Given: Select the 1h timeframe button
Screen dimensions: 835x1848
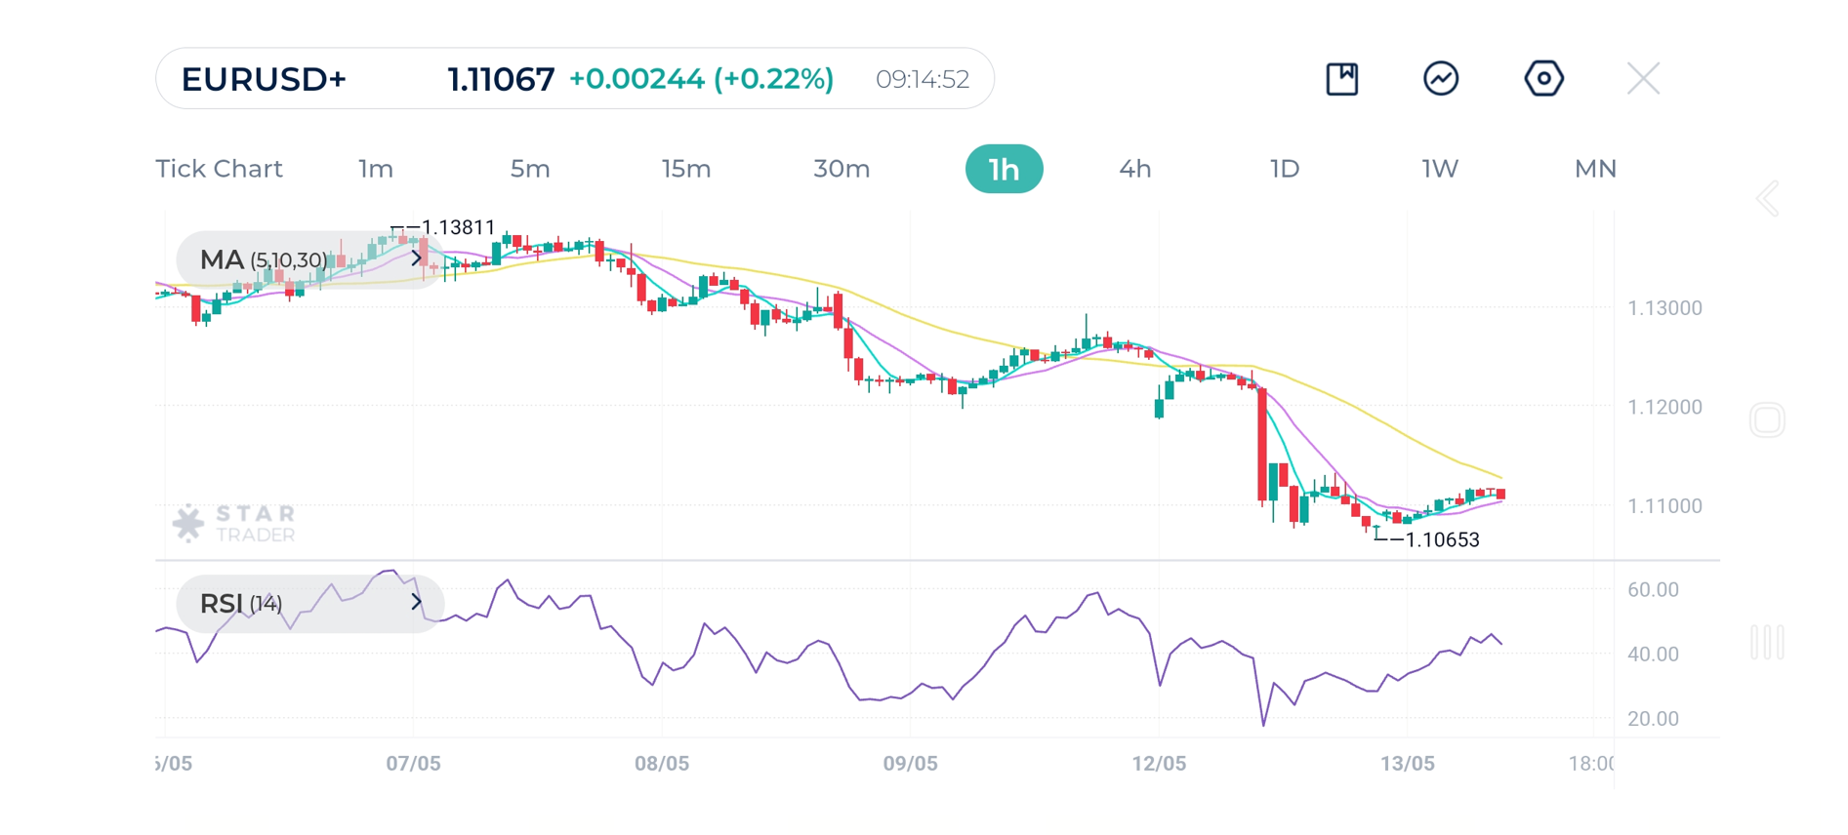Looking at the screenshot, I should pyautogui.click(x=1004, y=169).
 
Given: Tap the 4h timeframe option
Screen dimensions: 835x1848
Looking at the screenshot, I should pyautogui.click(x=1134, y=169).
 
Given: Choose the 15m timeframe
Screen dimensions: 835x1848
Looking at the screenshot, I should pyautogui.click(x=685, y=169).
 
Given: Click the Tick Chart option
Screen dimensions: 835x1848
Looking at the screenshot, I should pyautogui.click(x=219, y=169).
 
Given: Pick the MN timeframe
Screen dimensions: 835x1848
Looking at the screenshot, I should pyautogui.click(x=1595, y=169).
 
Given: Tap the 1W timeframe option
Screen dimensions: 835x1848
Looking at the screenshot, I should pyautogui.click(x=1439, y=169).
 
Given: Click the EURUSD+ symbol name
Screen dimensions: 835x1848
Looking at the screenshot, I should pyautogui.click(x=264, y=79).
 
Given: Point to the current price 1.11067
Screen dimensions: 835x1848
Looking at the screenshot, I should pyautogui.click(x=500, y=79).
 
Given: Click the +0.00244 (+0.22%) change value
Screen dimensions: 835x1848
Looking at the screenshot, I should pyautogui.click(x=700, y=79).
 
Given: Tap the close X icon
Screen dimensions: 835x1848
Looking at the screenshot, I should pyautogui.click(x=1643, y=79).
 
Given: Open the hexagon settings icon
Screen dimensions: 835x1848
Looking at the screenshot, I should pyautogui.click(x=1543, y=79).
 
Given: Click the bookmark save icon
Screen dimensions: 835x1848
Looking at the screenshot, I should pyautogui.click(x=1342, y=79).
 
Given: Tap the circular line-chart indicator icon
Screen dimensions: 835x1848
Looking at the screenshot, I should pyautogui.click(x=1441, y=79).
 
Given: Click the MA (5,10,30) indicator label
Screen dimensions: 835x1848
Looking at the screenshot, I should pyautogui.click(x=264, y=259).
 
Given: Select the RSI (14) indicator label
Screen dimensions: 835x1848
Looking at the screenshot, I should pyautogui.click(x=241, y=604).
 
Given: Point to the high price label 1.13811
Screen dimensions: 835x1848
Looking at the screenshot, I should pyautogui.click(x=457, y=227).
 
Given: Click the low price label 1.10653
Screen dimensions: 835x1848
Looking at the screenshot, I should pyautogui.click(x=1441, y=539).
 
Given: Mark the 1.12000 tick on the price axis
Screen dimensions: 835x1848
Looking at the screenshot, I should pyautogui.click(x=1664, y=407).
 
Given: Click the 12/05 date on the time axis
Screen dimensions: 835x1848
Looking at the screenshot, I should pyautogui.click(x=1159, y=763).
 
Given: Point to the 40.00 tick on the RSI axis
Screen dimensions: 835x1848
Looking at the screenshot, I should pyautogui.click(x=1653, y=654).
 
